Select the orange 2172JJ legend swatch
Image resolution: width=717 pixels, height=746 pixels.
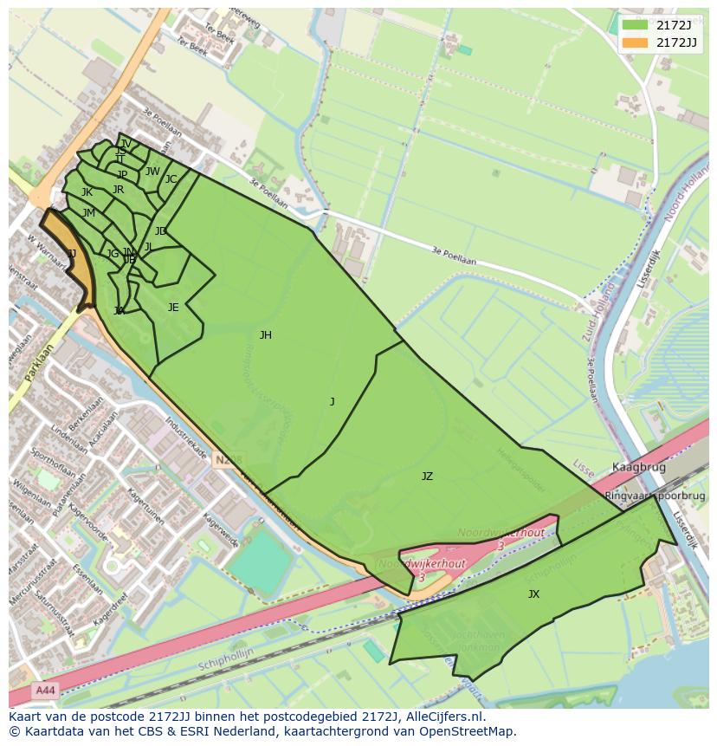634,42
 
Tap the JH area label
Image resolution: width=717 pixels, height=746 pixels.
265,335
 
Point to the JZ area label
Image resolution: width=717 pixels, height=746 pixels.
427,477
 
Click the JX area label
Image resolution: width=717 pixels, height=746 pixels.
533,594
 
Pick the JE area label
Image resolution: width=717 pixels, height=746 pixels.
173,308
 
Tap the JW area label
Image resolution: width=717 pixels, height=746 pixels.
152,172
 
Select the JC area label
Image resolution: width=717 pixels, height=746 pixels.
171,179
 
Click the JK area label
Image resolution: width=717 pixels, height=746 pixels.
87,192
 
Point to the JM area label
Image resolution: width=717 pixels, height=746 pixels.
88,213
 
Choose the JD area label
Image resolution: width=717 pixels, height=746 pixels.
160,231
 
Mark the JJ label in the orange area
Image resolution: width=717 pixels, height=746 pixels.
72,254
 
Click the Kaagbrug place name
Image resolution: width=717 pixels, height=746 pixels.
638,467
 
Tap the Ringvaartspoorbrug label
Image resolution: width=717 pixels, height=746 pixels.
656,496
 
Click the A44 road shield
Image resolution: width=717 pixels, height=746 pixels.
44,691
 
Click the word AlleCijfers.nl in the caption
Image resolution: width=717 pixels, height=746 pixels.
438,717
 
